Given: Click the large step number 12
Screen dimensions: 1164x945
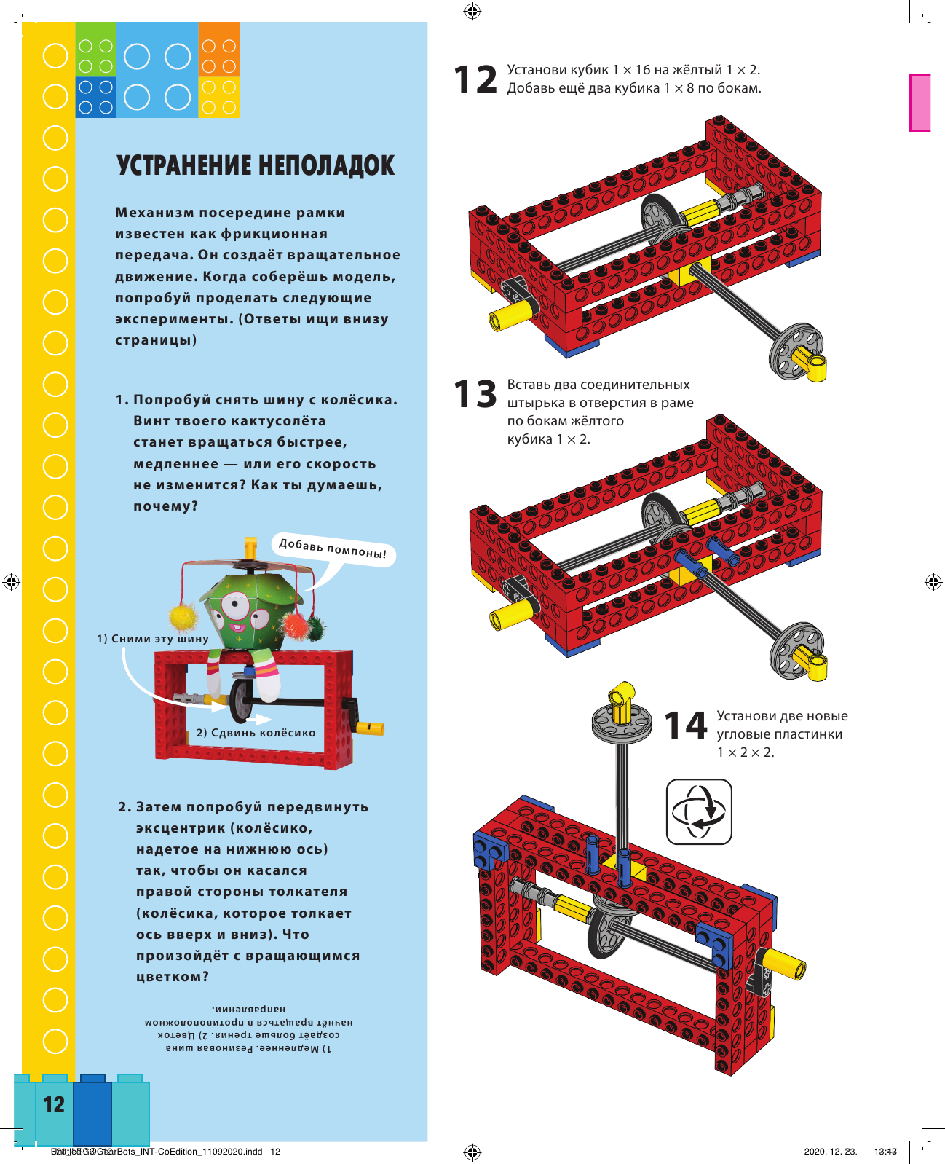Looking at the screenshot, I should click(x=475, y=79).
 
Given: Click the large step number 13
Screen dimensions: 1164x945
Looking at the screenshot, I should click(x=475, y=394).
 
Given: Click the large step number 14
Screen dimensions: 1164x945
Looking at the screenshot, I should click(x=685, y=725).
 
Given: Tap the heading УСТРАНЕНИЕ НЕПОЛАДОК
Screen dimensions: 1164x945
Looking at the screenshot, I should click(x=256, y=166).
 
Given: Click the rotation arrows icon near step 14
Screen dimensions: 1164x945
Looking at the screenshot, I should click(x=699, y=811).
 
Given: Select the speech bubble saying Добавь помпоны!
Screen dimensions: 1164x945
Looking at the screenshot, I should click(x=333, y=548).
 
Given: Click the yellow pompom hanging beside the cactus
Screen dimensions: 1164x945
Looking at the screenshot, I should click(x=183, y=616).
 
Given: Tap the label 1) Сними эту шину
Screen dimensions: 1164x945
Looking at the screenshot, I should click(x=153, y=639).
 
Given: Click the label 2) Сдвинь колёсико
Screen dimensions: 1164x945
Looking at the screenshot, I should click(x=256, y=733).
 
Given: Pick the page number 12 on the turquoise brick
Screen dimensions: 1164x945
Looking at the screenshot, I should click(x=54, y=1105).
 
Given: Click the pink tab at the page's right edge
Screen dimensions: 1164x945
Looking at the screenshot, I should click(x=920, y=103).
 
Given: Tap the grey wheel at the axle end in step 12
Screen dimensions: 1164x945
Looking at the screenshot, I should click(x=795, y=351).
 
